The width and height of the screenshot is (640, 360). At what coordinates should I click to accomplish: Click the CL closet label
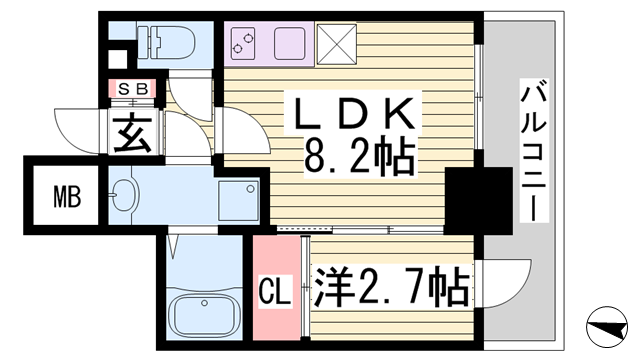[275, 292]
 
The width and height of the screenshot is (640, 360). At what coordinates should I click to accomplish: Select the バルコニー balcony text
[532, 150]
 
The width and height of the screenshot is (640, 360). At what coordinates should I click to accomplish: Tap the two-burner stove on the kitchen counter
[243, 41]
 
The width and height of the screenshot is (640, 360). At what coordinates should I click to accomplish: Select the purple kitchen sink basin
[289, 41]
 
